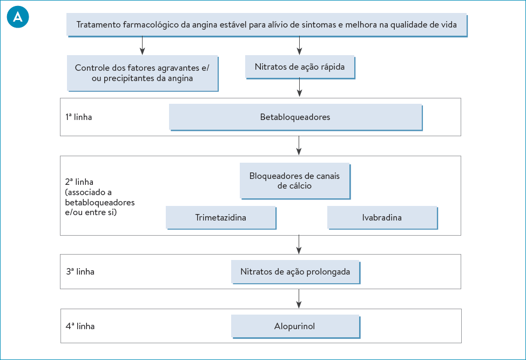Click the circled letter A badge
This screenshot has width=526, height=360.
[x=18, y=17]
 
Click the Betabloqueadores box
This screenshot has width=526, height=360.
[x=295, y=117]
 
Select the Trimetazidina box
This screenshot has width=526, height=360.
[x=220, y=218]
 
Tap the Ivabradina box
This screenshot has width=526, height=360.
[x=382, y=218]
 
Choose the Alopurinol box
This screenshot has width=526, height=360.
[x=295, y=326]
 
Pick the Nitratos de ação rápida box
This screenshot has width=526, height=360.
[x=299, y=67]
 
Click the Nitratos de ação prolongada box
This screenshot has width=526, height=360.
[x=295, y=272]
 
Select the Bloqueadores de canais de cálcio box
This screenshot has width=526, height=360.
[x=295, y=181]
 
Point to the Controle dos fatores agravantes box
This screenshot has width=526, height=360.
[x=142, y=73]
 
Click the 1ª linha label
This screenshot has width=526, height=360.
[x=79, y=117]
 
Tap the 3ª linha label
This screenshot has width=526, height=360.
[x=80, y=272]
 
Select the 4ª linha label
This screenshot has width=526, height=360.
[x=80, y=326]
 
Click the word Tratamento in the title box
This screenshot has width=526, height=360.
[x=97, y=25]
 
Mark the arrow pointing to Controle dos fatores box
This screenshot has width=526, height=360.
[x=142, y=45]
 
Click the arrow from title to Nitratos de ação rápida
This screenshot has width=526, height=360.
[x=299, y=45]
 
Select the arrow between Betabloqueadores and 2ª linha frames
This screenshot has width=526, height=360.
[x=299, y=145]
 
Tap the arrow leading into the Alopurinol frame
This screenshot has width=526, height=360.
[x=299, y=298]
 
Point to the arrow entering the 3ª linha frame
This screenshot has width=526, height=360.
[x=299, y=244]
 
